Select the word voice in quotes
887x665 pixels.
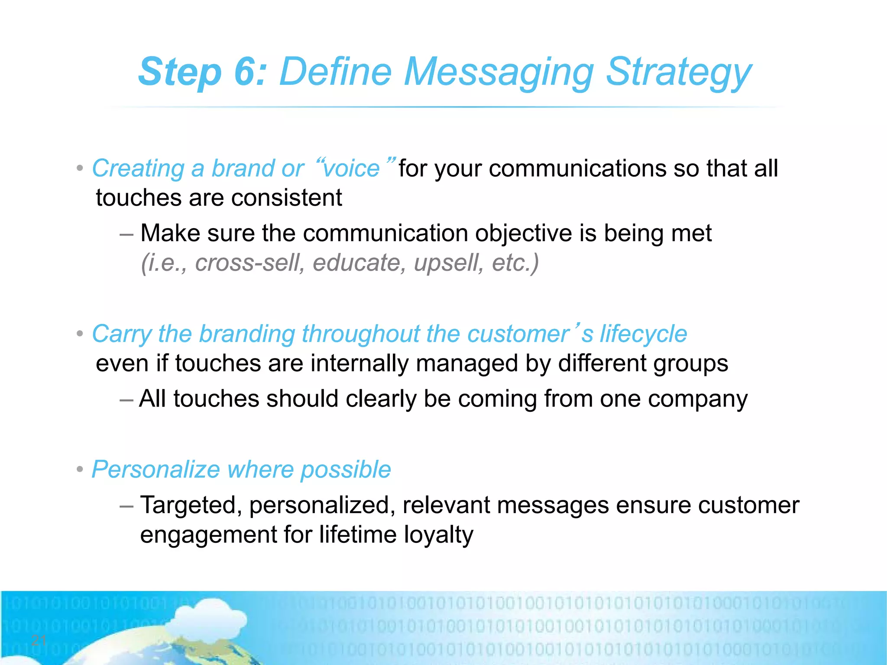(351, 168)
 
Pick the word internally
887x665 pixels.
(359, 363)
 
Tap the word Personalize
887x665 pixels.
(156, 469)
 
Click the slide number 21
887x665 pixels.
(39, 640)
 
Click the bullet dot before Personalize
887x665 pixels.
(80, 470)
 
